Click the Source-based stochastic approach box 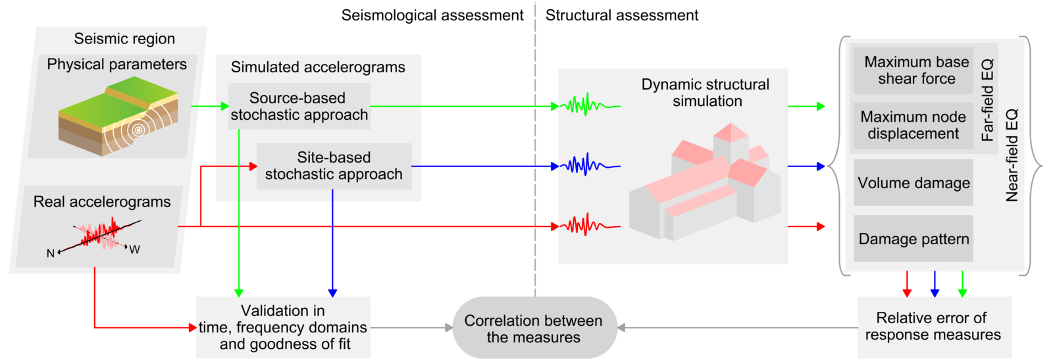coord(299,106)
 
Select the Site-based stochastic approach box coord(334,166)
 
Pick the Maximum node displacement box coord(913,125)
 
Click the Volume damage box coord(913,182)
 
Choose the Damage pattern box coord(913,238)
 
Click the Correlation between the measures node coord(534,328)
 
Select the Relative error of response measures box coord(933,327)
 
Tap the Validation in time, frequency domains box coord(284,327)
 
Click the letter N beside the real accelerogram coord(50,253)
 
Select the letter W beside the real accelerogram coord(134,249)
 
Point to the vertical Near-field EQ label coord(1012,155)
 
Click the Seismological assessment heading coord(432,15)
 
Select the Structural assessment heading coord(622,15)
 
